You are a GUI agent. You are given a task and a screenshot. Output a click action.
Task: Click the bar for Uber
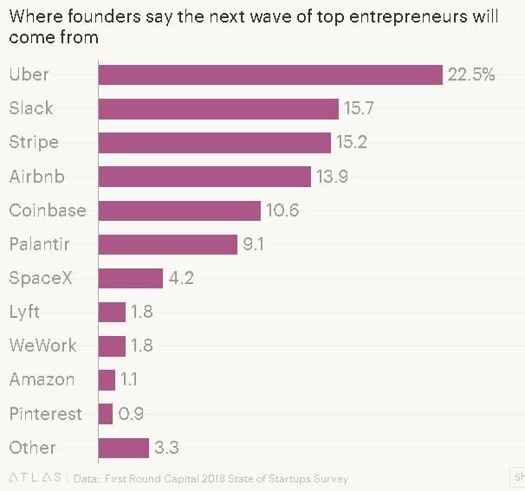[270, 74]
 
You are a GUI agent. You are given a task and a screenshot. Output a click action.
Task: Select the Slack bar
[218, 108]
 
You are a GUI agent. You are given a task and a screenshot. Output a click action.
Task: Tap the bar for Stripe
[215, 142]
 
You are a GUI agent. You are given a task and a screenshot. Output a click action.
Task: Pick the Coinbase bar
[179, 210]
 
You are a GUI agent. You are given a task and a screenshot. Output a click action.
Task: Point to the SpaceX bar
[131, 278]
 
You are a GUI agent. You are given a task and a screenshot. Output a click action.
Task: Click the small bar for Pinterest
[106, 414]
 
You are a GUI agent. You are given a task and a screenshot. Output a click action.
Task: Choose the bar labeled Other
[124, 448]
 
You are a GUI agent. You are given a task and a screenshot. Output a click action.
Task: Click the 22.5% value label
[471, 74]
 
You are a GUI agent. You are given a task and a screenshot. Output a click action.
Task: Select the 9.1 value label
[254, 244]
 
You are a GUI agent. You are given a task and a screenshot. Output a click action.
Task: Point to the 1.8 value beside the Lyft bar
[141, 312]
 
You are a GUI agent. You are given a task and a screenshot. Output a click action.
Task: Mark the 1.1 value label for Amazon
[129, 379]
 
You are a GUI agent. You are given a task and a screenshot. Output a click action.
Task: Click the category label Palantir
[39, 244]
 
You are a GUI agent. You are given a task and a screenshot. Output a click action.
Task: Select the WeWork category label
[42, 346]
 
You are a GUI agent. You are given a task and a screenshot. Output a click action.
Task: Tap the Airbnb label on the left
[36, 177]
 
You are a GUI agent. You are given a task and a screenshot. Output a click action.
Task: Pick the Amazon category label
[42, 379]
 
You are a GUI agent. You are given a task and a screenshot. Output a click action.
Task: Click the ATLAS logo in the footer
[36, 478]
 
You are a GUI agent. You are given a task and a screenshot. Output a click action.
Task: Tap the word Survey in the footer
[328, 478]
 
